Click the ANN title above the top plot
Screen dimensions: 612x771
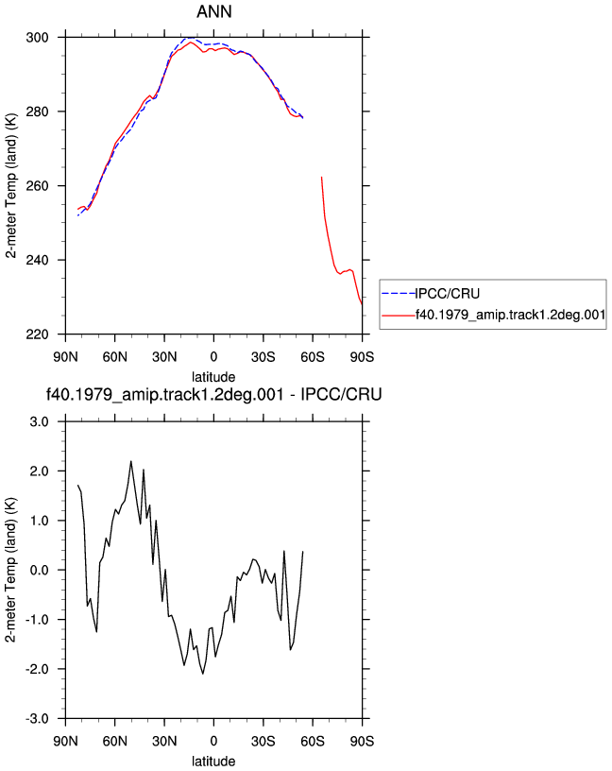pos(213,11)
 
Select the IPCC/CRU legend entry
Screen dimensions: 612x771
pos(447,294)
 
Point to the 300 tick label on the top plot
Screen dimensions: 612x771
pos(38,38)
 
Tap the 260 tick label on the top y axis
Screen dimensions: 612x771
pos(38,186)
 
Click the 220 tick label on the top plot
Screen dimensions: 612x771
pos(38,334)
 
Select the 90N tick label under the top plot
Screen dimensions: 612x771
pos(65,357)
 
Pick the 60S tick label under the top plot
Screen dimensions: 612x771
pos(313,357)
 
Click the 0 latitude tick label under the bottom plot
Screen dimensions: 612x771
pos(213,741)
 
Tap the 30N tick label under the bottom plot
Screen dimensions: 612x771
pos(164,741)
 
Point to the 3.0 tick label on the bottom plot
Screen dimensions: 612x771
pos(40,422)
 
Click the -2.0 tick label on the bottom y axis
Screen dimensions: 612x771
pos(38,669)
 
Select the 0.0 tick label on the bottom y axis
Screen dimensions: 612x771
pos(40,571)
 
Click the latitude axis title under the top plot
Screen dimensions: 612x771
pos(213,377)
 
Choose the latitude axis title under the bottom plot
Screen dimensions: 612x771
pos(213,762)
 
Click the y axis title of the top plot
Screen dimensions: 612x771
pos(11,186)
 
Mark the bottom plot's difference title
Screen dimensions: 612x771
pos(213,394)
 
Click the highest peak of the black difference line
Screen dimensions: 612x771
pos(130,461)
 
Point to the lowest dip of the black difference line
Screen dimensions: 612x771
pos(202,674)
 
